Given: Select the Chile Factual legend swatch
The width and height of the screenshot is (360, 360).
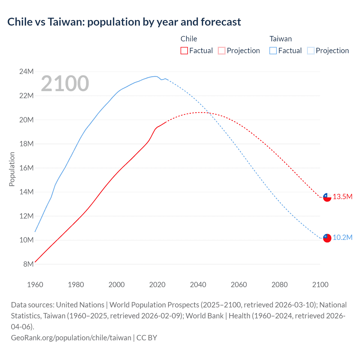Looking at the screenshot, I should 184,51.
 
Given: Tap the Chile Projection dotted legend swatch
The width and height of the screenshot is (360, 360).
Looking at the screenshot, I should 222,51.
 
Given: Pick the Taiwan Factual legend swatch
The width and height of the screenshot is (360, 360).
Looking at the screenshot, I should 273,51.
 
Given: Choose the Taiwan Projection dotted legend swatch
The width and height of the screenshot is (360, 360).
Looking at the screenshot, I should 310,51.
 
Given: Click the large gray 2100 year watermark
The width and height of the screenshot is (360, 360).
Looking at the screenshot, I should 65,84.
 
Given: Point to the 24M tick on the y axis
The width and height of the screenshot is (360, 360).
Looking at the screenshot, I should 26,72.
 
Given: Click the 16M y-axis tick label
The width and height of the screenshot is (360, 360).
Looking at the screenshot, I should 26,168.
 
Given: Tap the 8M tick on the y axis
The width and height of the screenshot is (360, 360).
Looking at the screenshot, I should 28,264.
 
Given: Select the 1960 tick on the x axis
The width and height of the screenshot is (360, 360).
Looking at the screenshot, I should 35,285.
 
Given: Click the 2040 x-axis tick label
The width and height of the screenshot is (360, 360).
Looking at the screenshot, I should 198,285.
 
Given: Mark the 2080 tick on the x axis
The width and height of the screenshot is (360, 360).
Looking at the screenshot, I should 280,285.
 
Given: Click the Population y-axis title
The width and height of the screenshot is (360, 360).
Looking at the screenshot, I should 12,169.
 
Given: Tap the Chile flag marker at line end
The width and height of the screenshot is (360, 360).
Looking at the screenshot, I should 327,197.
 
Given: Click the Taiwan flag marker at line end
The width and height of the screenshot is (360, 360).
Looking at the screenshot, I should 327,238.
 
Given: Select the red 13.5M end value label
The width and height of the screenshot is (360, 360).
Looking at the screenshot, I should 343,197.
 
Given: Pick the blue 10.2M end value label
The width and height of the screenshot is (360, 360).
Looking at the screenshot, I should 343,237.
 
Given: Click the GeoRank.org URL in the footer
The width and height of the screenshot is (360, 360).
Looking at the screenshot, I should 71,337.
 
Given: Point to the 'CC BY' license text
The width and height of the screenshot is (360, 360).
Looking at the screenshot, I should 147,337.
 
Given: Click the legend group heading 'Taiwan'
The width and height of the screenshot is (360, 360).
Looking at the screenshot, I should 280,39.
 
